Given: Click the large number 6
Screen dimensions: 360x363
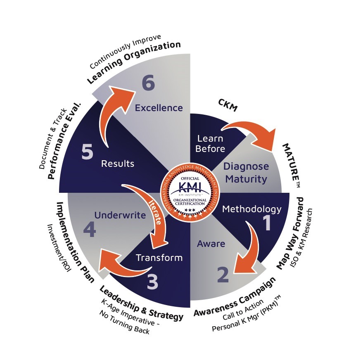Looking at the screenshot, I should coord(148,83).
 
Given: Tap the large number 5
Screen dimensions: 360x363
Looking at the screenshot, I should coord(87,152).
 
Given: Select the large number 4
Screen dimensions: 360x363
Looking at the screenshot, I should coord(89,230).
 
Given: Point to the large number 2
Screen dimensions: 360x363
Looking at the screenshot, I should coord(223,275).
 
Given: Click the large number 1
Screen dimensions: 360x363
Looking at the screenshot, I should coord(267,223).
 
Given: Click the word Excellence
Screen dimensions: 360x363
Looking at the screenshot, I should coord(159,108).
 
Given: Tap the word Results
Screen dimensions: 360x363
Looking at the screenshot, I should coord(118,163).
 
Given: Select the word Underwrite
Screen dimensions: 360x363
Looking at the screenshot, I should coord(120,215).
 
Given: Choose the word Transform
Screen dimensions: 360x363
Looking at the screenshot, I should coord(159,258).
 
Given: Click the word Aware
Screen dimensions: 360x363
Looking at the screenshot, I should coord(211,244).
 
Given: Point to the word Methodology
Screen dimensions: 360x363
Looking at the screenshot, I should coord(252,209).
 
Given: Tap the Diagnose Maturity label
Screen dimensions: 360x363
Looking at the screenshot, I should coord(246,173).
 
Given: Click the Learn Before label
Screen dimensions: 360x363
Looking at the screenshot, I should coord(210,143).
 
